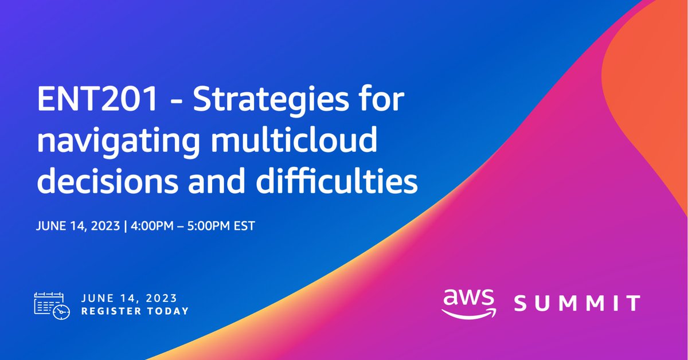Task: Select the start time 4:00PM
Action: (153, 225)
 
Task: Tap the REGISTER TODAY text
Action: (135, 311)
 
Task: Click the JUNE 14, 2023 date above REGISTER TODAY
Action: (130, 298)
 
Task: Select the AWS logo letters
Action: (468, 299)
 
